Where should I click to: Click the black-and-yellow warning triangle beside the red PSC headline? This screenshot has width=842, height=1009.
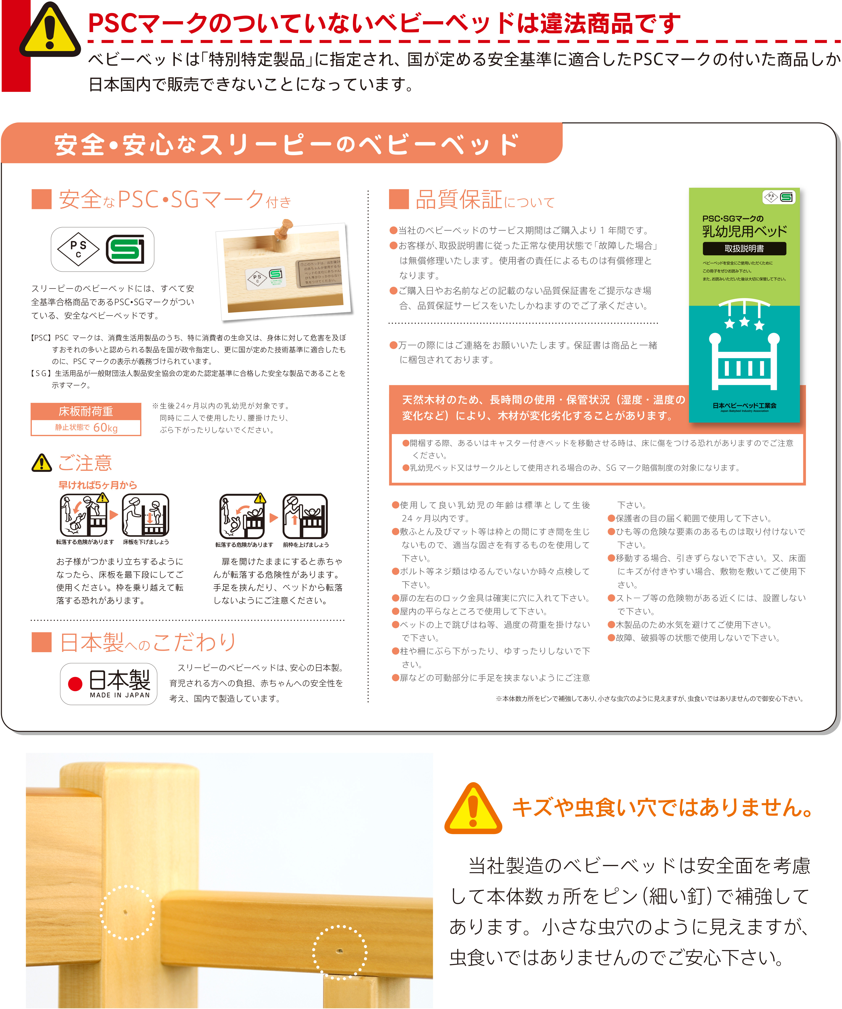coord(49,30)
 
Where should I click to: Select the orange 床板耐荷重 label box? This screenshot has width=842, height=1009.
coord(86,411)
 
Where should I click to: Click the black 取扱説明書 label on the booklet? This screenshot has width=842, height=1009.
coord(744,248)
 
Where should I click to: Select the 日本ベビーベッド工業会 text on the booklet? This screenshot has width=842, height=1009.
coord(744,406)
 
